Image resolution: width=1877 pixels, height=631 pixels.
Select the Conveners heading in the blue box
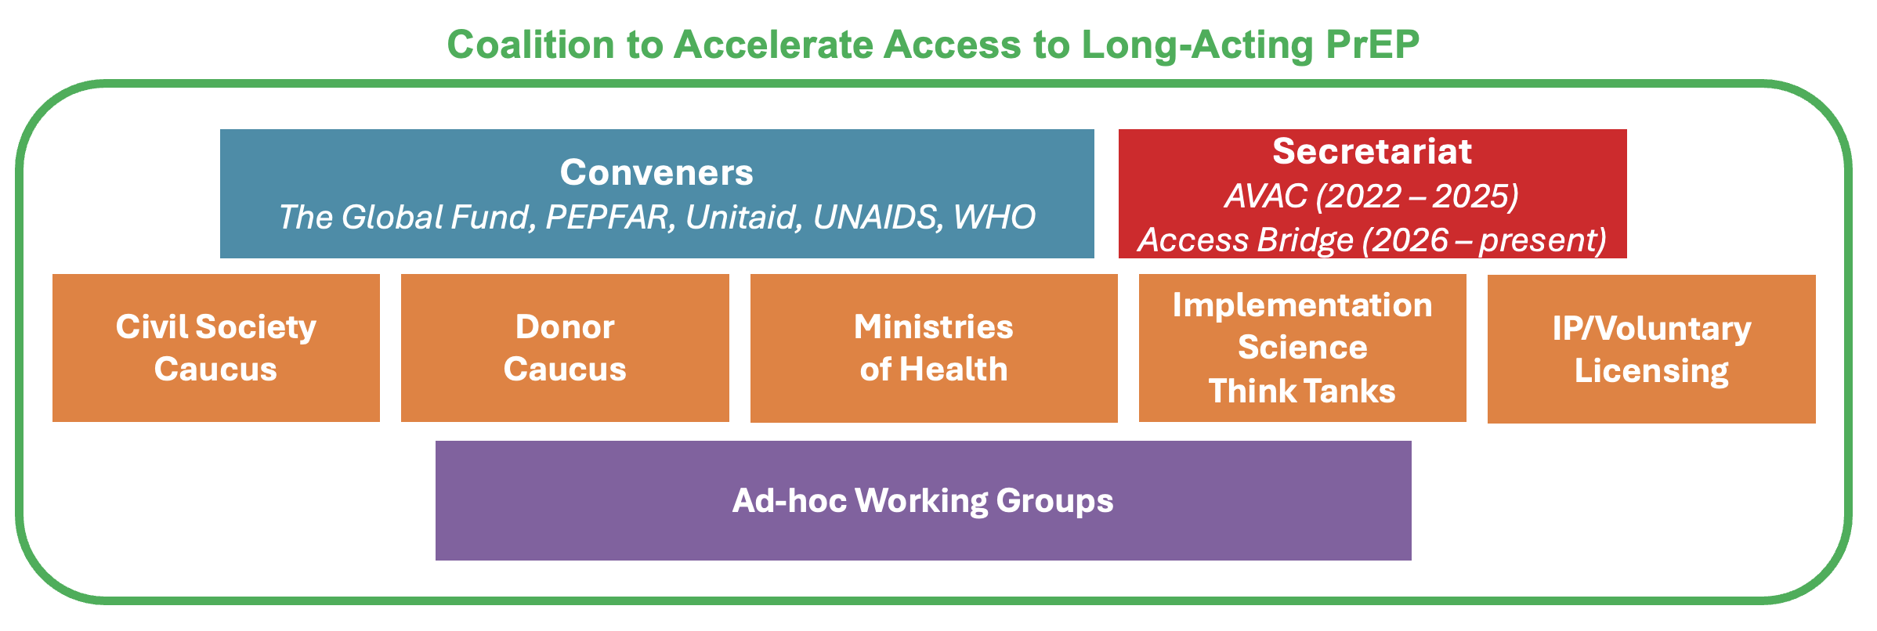point(656,172)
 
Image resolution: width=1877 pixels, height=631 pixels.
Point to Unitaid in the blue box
point(744,217)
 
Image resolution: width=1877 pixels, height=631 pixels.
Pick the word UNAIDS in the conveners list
point(875,217)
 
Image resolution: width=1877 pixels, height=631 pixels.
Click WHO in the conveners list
point(994,217)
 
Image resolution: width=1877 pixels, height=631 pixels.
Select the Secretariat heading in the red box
point(1372,151)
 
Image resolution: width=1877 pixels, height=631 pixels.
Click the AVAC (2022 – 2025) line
point(1372,196)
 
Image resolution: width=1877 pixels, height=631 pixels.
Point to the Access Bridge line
point(1372,240)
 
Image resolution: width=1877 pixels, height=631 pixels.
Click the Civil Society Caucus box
point(216,348)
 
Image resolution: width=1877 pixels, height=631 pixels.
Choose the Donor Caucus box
point(565,348)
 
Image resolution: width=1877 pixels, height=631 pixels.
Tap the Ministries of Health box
point(934,348)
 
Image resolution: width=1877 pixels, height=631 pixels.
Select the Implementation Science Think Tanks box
point(1302,348)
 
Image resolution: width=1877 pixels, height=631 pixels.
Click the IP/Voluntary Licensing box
point(1651,349)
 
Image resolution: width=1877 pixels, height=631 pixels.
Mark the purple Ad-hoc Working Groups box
point(923,500)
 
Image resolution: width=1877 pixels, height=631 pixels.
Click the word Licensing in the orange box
point(1651,371)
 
